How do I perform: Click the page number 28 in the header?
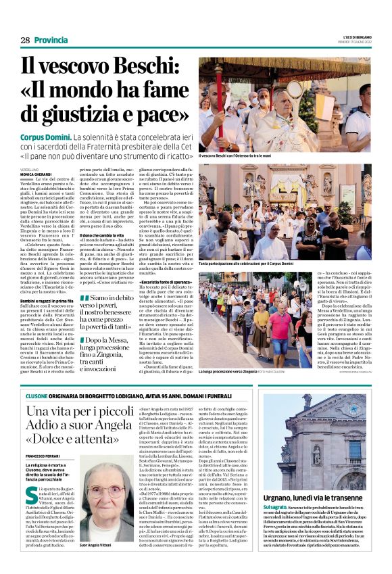tap(24, 41)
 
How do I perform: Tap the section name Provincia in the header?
tap(51, 41)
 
